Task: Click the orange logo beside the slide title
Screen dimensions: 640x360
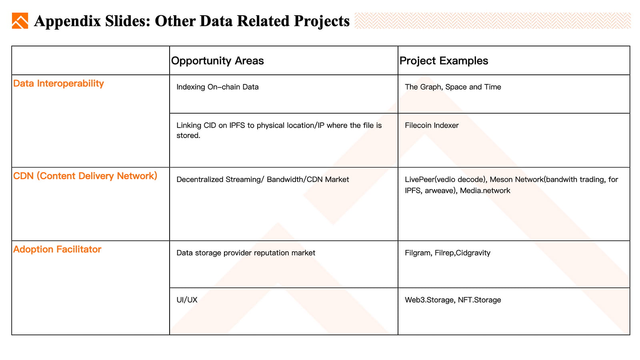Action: [x=20, y=20]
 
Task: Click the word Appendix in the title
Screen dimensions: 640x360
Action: [x=68, y=21]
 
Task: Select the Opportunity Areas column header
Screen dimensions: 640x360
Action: [x=218, y=60]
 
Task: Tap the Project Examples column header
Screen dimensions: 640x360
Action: [x=444, y=60]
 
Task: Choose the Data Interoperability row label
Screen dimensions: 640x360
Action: [x=58, y=84]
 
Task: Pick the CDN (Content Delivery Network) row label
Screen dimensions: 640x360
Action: [x=85, y=176]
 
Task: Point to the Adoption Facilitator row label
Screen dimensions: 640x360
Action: [x=57, y=249]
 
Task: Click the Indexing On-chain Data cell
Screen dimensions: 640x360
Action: [x=218, y=87]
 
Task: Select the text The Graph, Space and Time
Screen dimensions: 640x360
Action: [x=453, y=87]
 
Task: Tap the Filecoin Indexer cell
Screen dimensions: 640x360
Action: [x=432, y=126]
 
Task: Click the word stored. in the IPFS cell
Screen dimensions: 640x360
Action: [x=188, y=136]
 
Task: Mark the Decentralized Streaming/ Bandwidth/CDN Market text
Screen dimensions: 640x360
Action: [x=262, y=180]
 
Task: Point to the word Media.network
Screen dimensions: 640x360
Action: [x=485, y=190]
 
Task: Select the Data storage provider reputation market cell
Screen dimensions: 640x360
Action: [x=246, y=253]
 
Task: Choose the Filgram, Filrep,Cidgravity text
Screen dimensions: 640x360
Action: [x=448, y=253]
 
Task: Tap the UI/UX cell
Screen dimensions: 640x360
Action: [x=187, y=300]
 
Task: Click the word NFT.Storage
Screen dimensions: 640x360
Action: [x=480, y=300]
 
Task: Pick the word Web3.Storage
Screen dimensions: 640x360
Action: [x=430, y=300]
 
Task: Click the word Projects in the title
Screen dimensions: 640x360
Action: [x=322, y=21]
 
